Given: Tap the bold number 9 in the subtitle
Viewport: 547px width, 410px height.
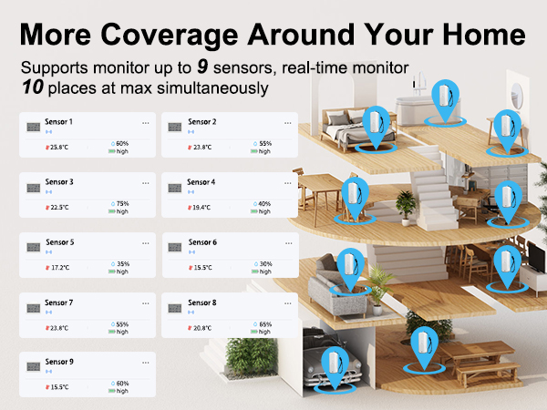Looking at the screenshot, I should pos(203,69).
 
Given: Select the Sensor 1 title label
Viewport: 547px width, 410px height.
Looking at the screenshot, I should pos(58,121).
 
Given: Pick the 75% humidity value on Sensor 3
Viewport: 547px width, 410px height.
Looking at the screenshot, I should pos(122,203).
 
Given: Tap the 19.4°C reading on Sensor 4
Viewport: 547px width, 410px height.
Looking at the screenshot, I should pos(201,208).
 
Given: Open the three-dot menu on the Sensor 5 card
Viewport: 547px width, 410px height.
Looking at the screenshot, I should pos(145,242).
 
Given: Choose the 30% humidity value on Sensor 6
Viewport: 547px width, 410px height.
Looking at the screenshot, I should pos(265,263).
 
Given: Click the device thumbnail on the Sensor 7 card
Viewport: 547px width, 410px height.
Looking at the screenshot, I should pos(32,307).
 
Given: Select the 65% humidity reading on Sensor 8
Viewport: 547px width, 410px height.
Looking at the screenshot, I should pos(265,324).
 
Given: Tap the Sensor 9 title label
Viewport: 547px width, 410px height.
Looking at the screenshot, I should pos(58,363).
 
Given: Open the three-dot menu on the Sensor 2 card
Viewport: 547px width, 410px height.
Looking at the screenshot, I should pos(287,121).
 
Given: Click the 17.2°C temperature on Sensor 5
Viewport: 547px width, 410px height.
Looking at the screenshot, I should pos(58,268).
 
